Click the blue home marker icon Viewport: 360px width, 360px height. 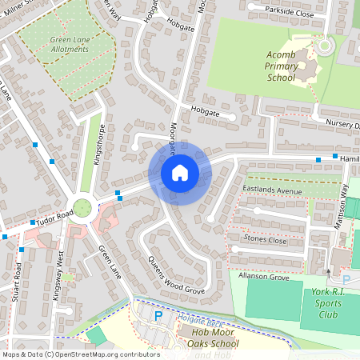[179, 172]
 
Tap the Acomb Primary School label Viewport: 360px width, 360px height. [281, 66]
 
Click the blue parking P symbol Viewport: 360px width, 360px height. [158, 316]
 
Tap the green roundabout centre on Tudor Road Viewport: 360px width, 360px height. [82, 206]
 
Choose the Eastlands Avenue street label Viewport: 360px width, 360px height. [271, 190]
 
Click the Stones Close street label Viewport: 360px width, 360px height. [265, 240]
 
